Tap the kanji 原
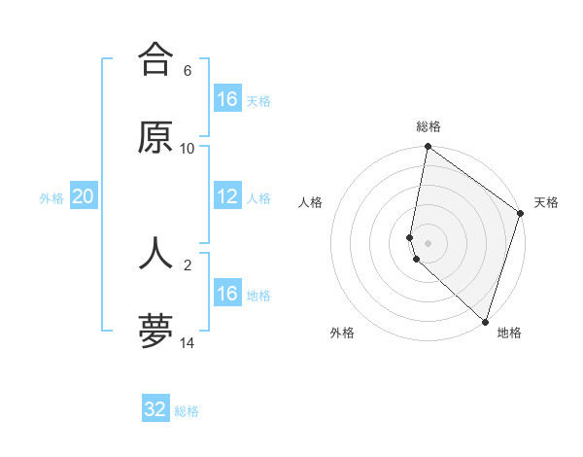click(x=155, y=137)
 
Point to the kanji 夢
click(x=155, y=331)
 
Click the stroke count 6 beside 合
click(x=187, y=71)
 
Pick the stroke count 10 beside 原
click(x=187, y=149)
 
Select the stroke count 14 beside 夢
click(x=187, y=342)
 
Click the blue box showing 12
click(x=227, y=197)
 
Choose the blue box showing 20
click(x=84, y=197)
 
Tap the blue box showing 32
click(x=155, y=409)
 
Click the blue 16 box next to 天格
click(x=227, y=99)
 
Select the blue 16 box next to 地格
click(x=227, y=294)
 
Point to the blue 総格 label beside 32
click(x=187, y=411)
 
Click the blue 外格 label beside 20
click(x=51, y=198)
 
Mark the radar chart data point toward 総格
click(x=428, y=148)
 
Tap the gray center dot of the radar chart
click(x=428, y=242)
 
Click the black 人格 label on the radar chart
click(x=310, y=202)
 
